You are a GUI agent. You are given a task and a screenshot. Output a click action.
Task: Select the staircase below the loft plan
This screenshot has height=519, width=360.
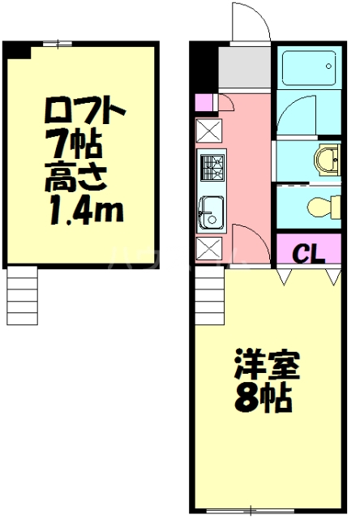22,295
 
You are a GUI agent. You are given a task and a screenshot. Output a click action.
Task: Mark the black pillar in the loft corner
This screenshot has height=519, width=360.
16,50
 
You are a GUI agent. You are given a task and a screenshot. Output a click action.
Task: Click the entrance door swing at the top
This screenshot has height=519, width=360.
248,22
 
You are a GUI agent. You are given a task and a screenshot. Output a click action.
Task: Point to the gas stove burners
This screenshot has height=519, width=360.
213,168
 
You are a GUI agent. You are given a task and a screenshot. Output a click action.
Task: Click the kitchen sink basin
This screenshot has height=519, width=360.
211,212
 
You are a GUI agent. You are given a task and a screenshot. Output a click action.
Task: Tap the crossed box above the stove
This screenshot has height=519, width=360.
208,131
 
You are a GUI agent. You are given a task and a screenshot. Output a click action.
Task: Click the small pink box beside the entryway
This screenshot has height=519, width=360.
204,101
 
